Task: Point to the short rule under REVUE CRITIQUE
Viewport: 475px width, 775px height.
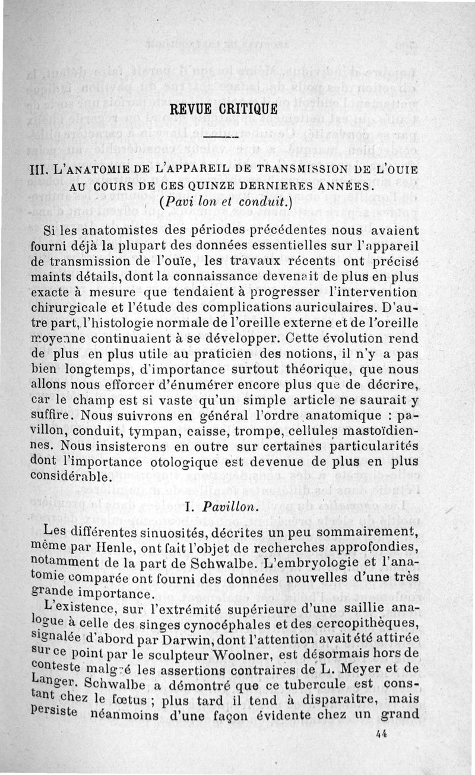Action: tap(215, 138)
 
